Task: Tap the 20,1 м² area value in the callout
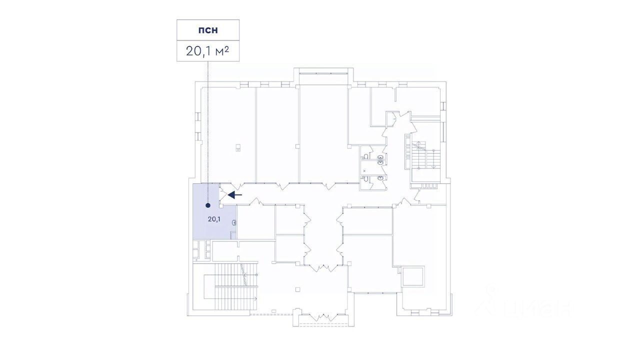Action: click(207, 50)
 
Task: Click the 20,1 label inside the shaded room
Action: click(214, 219)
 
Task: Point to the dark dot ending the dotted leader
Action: click(208, 204)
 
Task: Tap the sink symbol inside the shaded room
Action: click(234, 222)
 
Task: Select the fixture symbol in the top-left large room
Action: click(238, 147)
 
